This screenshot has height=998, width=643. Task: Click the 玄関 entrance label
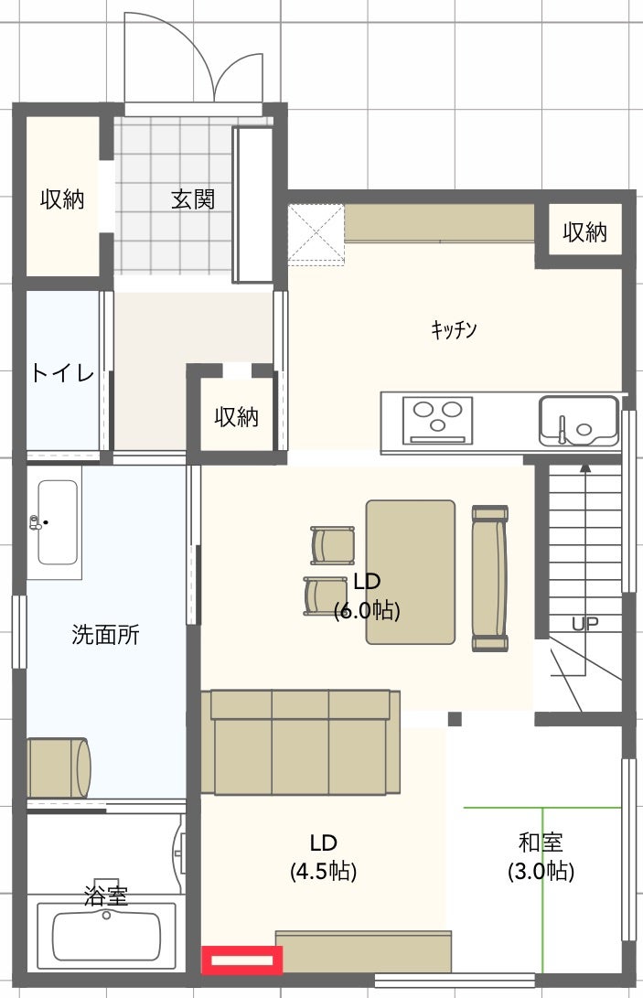[193, 199]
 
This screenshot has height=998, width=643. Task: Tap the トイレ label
[62, 372]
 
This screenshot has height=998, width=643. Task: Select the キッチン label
[454, 329]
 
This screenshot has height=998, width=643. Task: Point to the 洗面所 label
[105, 635]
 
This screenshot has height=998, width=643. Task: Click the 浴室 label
[106, 896]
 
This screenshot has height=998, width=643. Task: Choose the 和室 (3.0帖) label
[541, 857]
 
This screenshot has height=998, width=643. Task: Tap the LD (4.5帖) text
[324, 857]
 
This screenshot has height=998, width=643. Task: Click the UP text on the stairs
[584, 623]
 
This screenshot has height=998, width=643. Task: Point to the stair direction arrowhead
[585, 467]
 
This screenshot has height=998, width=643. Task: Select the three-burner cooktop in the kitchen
[437, 420]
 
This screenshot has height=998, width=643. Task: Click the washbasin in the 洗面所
[58, 522]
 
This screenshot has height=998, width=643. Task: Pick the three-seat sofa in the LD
[301, 742]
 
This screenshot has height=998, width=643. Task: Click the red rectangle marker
[241, 960]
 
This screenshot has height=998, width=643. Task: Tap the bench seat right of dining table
[490, 578]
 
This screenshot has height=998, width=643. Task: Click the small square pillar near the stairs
[455, 719]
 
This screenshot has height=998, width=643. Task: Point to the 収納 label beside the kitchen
[584, 232]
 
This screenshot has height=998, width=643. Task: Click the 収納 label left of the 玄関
[62, 199]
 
